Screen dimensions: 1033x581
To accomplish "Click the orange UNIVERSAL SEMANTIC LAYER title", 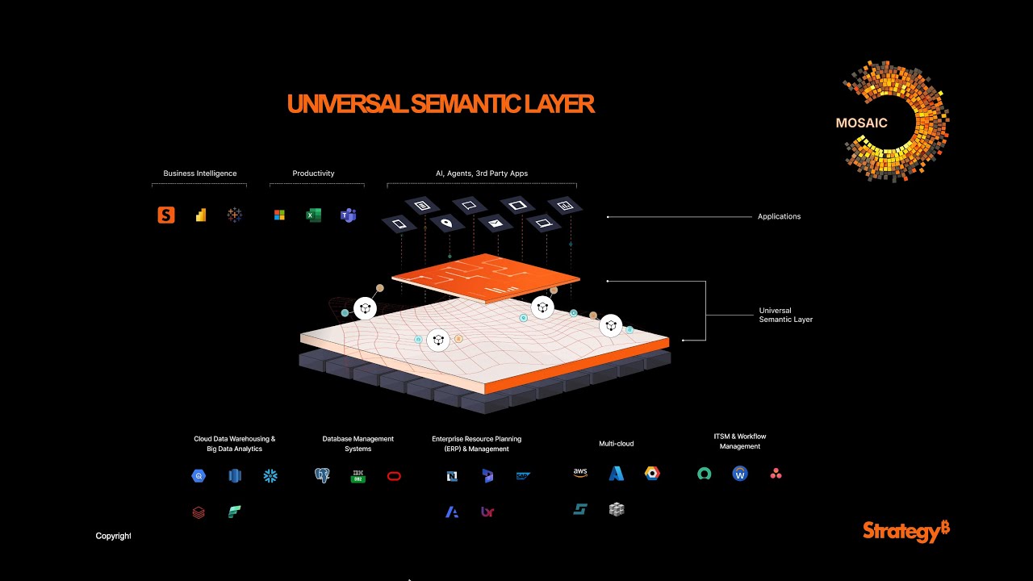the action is coord(441,104).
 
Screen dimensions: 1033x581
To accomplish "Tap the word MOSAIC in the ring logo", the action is coord(861,123).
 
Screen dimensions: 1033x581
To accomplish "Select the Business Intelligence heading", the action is coord(199,173).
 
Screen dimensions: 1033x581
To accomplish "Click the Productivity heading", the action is coord(313,173).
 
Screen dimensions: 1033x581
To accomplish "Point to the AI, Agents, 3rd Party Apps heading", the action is coord(482,173).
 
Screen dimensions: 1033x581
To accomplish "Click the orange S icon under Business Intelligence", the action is coord(166,215).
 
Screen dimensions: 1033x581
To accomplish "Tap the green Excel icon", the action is coord(314,215).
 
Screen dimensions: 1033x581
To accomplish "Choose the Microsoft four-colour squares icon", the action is coord(279,215).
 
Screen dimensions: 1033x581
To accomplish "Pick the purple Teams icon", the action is coord(348,215).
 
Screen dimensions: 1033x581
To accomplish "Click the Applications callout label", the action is coord(779,216).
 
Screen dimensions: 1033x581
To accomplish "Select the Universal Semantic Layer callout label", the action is coord(786,315).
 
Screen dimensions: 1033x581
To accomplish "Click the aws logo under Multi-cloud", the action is coord(580,473).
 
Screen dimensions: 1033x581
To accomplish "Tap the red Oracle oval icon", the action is coord(394,476).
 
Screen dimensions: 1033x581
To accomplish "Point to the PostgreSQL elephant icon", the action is coord(322,475).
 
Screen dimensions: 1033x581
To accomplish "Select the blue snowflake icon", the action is coord(270,476).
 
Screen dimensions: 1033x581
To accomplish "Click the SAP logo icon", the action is coord(523,476).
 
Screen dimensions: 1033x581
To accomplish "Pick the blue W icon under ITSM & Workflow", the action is coord(740,474).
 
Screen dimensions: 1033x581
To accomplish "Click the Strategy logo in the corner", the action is coord(906,532).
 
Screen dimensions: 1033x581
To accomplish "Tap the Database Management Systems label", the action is coord(358,444).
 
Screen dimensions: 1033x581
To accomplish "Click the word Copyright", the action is coord(113,536).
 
